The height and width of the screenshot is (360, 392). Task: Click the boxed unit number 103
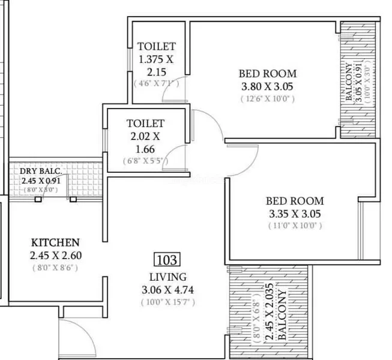coord(167,260)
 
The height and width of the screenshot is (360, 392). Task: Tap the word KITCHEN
coord(55,242)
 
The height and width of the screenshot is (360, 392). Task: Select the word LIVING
coord(168,277)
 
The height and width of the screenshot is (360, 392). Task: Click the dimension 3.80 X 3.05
coord(267,86)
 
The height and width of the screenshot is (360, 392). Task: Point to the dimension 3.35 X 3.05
coord(295,214)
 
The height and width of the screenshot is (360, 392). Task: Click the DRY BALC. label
coord(41,171)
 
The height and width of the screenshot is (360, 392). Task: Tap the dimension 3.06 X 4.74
coord(167,290)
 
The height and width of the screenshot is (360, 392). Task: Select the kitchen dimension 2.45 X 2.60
coord(56,256)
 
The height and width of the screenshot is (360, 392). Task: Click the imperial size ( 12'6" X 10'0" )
coord(268,99)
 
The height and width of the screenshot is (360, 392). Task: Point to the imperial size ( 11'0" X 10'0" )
coord(295,226)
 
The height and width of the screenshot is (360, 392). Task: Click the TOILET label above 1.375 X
coord(157,46)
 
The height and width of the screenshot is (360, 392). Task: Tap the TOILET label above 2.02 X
coord(145,124)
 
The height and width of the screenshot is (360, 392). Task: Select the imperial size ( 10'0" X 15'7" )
coord(168,302)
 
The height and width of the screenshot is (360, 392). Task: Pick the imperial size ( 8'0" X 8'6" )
coord(55,268)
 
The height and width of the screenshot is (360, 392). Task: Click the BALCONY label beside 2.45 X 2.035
coord(282,314)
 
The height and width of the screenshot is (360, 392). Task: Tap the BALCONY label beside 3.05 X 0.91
coord(349,82)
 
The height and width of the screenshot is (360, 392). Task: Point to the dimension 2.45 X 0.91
coord(41,181)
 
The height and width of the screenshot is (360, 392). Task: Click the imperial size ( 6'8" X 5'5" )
coord(145,161)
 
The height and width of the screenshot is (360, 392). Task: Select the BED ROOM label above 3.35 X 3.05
coord(295,201)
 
